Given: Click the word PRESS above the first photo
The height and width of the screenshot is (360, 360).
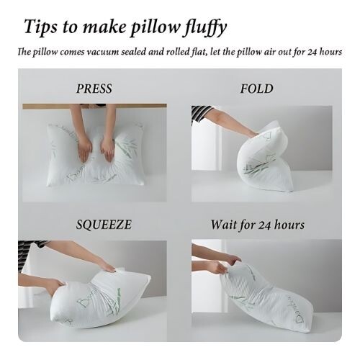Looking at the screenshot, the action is coord(94,89).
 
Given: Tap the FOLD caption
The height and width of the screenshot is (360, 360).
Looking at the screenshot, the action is coord(257,89).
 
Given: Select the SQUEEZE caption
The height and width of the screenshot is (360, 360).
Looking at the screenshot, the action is coord(104,225).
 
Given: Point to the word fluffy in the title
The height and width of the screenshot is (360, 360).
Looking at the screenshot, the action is coord(205,27).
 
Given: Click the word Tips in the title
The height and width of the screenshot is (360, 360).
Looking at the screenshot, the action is coord(41,27).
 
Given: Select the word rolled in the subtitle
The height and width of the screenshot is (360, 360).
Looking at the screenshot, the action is coord(177,52).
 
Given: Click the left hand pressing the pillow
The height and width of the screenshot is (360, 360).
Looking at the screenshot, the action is coord(85,150).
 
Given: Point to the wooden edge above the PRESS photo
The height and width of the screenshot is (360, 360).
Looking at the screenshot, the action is coord(94,106).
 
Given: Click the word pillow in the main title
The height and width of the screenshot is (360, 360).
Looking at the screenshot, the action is coord(155,28).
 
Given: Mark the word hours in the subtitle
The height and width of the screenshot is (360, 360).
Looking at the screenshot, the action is coord(330,52).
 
